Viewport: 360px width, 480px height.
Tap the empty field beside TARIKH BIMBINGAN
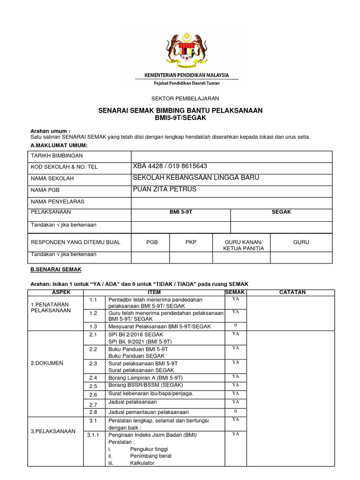pyautogui.click(x=232, y=156)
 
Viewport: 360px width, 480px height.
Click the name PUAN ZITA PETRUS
pyautogui.click(x=165, y=189)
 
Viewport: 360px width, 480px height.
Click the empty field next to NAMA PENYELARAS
pyautogui.click(x=232, y=202)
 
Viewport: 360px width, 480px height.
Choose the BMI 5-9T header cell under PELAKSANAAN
pyautogui.click(x=181, y=212)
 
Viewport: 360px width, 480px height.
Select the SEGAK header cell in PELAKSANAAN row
pyautogui.click(x=281, y=212)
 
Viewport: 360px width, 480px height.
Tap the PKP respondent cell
pyautogui.click(x=191, y=242)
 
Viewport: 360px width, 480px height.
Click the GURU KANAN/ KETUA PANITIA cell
pyautogui.click(x=241, y=245)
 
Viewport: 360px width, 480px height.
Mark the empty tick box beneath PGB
pyautogui.click(x=150, y=257)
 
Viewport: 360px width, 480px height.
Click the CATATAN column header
pyautogui.click(x=292, y=292)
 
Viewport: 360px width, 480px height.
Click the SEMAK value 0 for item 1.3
pyautogui.click(x=236, y=325)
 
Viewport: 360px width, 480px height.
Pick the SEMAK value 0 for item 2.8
pyautogui.click(x=236, y=411)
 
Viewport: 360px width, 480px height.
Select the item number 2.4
pyautogui.click(x=92, y=377)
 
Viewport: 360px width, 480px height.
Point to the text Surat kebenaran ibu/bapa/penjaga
pyautogui.click(x=150, y=393)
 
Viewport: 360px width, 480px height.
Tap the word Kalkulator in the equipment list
pyautogui.click(x=144, y=463)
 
